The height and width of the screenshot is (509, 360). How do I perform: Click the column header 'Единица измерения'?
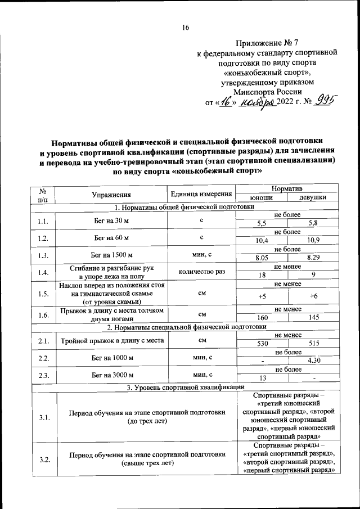tap(201, 195)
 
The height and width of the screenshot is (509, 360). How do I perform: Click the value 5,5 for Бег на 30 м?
tap(262, 223)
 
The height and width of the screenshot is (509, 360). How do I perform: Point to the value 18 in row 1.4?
tap(262, 275)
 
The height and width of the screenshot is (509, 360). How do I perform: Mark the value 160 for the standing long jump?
tap(262, 318)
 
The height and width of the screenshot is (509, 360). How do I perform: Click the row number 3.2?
tap(45, 459)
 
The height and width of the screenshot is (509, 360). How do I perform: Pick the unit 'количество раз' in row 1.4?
tap(201, 272)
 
